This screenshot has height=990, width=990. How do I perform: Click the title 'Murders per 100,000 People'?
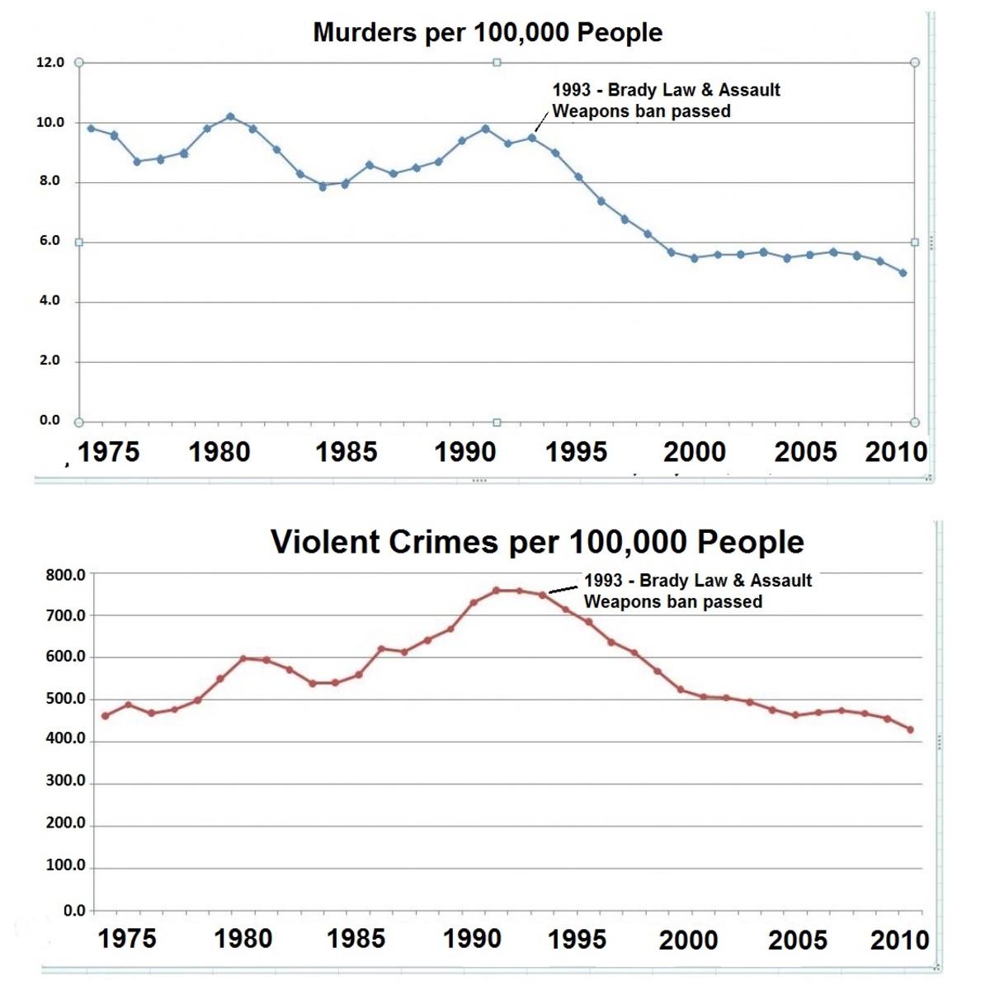tap(488, 33)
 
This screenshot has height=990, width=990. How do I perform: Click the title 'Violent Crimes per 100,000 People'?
tap(537, 542)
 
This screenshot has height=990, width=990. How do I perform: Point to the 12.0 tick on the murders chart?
tap(50, 63)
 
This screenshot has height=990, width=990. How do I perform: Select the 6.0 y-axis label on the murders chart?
tap(50, 241)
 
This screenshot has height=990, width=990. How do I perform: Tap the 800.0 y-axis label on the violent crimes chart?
tap(66, 575)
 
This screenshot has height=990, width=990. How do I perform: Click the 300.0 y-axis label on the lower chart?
tap(66, 781)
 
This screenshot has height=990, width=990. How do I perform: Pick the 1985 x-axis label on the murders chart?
tap(346, 452)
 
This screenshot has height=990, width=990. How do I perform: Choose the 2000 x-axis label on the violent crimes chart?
tap(688, 940)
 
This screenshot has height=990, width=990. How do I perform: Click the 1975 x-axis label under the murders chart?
tap(109, 452)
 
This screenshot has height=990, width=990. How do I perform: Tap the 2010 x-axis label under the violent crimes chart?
tap(899, 940)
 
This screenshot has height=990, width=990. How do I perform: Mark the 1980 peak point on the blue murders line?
tap(230, 116)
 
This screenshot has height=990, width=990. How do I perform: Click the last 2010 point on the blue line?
tap(903, 272)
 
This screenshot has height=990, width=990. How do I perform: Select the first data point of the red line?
tap(105, 715)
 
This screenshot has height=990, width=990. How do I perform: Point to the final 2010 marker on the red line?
tap(911, 729)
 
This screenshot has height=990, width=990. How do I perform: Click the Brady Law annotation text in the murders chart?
tap(665, 101)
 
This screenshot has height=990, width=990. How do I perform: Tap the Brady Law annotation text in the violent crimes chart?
tap(697, 591)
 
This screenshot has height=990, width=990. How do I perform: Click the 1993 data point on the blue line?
tap(532, 138)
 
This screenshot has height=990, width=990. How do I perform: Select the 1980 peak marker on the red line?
tap(243, 658)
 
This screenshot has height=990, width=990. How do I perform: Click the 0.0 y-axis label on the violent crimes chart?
tap(74, 910)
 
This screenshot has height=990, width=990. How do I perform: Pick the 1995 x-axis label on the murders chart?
tap(576, 452)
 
